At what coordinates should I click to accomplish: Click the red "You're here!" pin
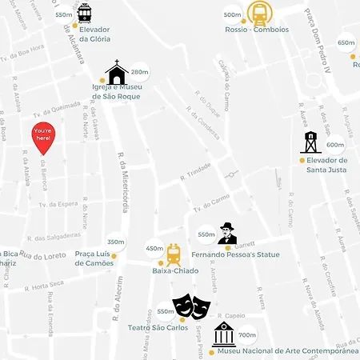[43, 138]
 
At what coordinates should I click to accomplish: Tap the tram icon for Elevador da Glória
[84, 14]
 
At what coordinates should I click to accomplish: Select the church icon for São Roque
[117, 73]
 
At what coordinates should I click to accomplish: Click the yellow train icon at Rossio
[258, 13]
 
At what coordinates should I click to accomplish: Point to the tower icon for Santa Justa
[310, 142]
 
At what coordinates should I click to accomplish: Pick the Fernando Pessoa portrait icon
[228, 234]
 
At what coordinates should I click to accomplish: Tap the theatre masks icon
[191, 306]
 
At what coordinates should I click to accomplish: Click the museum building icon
[224, 335]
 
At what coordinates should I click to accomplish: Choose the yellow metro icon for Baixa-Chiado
[174, 254]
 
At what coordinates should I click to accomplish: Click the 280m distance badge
[139, 72]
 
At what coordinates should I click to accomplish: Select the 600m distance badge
[335, 145]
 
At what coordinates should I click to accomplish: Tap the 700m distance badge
[247, 335]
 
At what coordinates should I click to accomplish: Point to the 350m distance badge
[116, 242]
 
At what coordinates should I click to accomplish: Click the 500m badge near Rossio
[232, 14]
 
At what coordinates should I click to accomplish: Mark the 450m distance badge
[154, 249]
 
